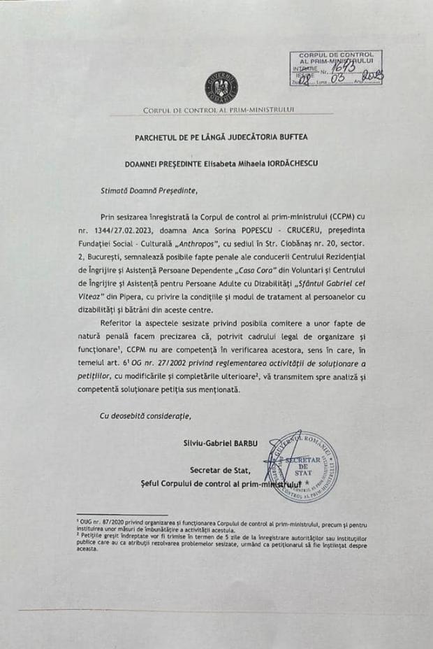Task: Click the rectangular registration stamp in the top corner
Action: point(336,68)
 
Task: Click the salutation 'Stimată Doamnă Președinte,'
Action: point(149,189)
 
